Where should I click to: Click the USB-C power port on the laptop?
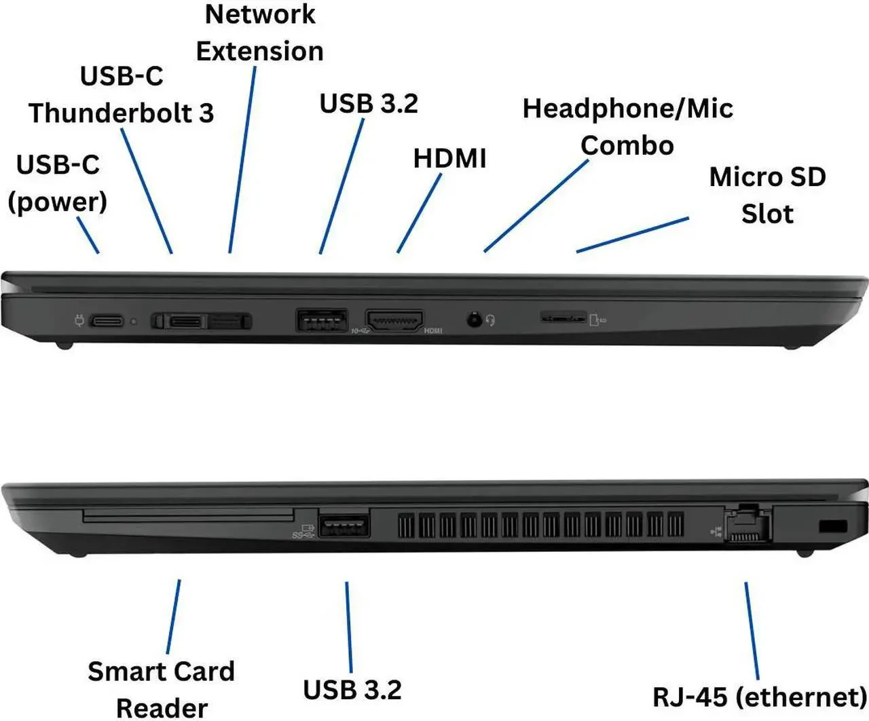click(107, 320)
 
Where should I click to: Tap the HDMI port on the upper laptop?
click(394, 320)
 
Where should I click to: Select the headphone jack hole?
click(475, 318)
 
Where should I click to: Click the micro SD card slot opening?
click(563, 317)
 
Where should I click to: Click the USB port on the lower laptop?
click(344, 526)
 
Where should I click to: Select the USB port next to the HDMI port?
click(322, 319)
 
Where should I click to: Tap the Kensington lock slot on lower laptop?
click(833, 526)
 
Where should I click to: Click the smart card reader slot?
click(189, 517)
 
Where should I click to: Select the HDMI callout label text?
click(449, 158)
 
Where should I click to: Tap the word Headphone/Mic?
click(627, 109)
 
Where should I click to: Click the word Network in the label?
click(260, 14)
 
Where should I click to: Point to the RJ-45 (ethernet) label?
click(759, 697)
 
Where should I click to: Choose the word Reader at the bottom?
click(162, 707)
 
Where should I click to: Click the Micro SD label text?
click(767, 177)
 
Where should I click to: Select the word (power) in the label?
click(58, 202)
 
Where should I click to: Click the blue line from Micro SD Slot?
click(632, 235)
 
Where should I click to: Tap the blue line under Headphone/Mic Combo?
click(536, 206)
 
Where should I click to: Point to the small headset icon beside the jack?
click(491, 320)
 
